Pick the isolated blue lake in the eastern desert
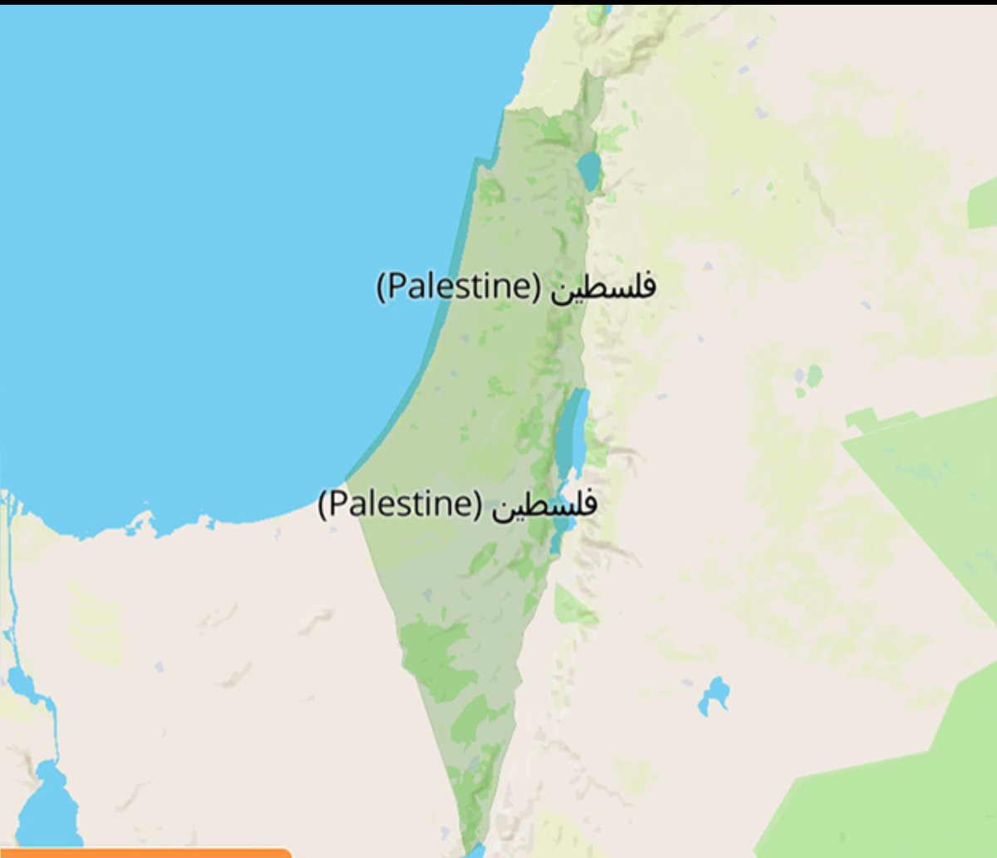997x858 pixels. (714, 694)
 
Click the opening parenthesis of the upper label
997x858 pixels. (381, 287)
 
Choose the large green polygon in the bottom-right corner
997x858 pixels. (897, 789)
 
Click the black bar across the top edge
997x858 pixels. (498, 2)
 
